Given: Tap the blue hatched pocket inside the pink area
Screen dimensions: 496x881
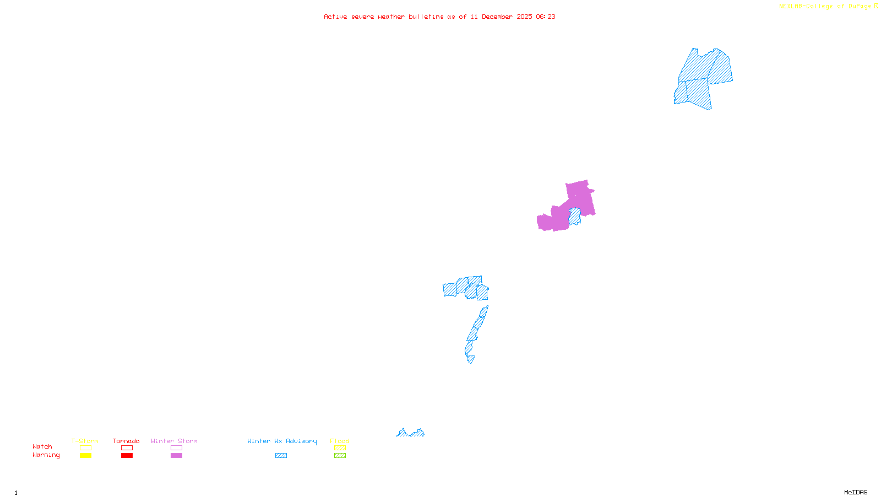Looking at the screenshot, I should coord(575,216).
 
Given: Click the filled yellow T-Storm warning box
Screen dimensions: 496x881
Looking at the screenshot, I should coord(85,456).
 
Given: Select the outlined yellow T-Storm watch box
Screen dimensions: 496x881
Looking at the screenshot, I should coord(85,448).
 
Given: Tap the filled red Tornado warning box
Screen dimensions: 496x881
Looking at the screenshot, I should coord(127,456).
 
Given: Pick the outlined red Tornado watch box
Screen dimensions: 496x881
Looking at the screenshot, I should coord(127,448).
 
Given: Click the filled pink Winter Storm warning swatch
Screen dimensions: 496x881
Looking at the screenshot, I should coord(176,456).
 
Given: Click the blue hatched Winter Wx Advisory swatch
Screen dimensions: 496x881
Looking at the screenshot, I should coord(281,456).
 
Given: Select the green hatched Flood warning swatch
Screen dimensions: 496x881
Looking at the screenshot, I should coord(340,456).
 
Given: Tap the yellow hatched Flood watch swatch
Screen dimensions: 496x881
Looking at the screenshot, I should coord(340,448).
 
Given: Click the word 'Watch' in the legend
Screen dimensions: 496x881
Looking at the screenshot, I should coord(42,447).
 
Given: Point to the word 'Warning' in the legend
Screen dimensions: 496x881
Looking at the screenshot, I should coord(46,455).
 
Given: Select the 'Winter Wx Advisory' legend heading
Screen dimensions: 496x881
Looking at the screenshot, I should coord(282,441).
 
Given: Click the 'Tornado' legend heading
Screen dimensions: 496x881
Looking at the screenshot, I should coord(126,441).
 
